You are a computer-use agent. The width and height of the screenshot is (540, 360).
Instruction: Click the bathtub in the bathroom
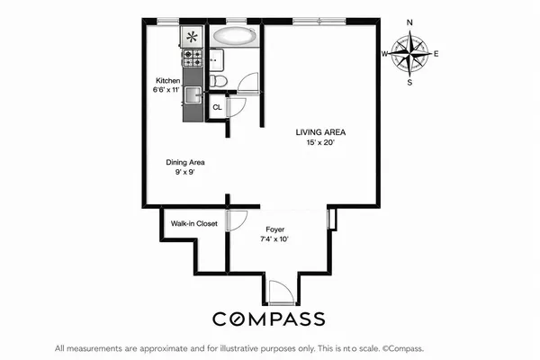tap(234, 38)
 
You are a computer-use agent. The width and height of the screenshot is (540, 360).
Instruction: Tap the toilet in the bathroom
tap(219, 82)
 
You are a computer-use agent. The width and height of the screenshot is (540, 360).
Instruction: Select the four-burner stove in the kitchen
tap(193, 58)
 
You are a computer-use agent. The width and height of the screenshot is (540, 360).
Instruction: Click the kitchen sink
tap(193, 92)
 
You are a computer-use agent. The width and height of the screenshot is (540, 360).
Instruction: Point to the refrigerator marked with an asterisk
tap(193, 37)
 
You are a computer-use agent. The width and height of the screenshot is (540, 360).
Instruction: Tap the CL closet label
tap(217, 108)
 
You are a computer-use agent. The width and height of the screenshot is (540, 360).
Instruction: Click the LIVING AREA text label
tap(321, 132)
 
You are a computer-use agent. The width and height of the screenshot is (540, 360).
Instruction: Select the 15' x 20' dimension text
tap(321, 142)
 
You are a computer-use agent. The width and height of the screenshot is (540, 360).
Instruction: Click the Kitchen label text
tap(167, 81)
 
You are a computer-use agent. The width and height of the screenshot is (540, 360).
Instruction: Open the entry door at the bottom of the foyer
tap(280, 292)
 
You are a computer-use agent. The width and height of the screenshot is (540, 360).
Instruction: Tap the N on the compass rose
tap(410, 22)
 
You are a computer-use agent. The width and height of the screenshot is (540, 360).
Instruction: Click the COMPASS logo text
tap(270, 319)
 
